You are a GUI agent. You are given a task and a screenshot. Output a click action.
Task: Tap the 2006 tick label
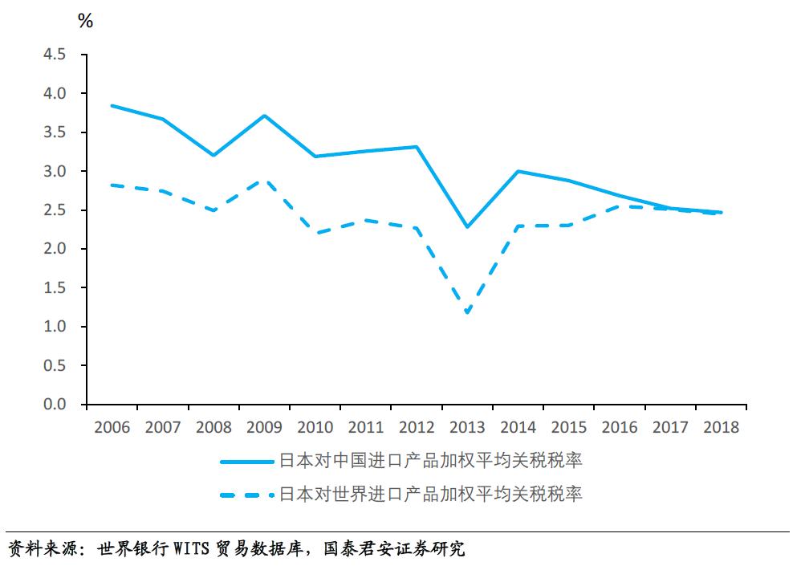pos(112,427)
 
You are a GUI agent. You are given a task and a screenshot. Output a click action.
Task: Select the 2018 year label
pos(721,427)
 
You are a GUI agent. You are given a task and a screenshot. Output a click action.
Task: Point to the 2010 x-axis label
pos(315,427)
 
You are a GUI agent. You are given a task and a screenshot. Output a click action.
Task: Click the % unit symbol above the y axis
pos(85,22)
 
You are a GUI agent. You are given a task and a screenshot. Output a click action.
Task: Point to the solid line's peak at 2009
pos(264,116)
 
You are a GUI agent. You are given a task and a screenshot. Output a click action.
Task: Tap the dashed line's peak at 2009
pos(264,181)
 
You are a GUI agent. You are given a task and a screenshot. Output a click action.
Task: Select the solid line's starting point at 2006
pos(112,105)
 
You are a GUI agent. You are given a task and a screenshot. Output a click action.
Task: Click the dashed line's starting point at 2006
pos(112,185)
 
